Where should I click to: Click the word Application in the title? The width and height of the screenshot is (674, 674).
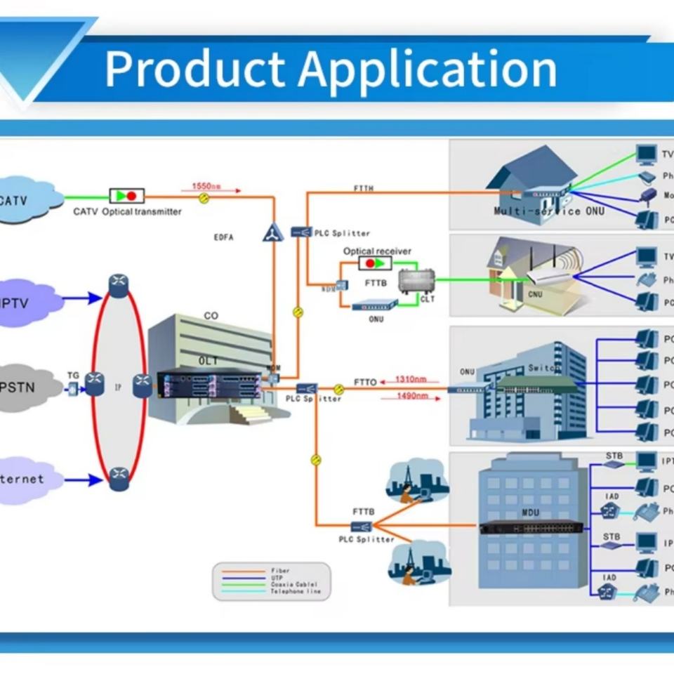[x=428, y=69]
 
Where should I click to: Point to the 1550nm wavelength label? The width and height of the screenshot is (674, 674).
[x=206, y=186]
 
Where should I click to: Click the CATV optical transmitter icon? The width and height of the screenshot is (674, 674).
[x=127, y=196]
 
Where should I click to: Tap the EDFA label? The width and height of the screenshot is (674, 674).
[x=223, y=237]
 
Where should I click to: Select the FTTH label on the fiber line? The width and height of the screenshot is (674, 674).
[x=364, y=189]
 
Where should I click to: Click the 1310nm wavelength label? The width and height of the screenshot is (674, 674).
[x=411, y=379]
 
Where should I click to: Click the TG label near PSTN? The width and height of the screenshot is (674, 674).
[x=73, y=376]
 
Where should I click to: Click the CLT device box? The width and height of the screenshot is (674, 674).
[x=412, y=282]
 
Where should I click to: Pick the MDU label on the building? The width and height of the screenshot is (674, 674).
[x=531, y=513]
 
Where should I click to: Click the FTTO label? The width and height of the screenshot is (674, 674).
[x=365, y=383]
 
